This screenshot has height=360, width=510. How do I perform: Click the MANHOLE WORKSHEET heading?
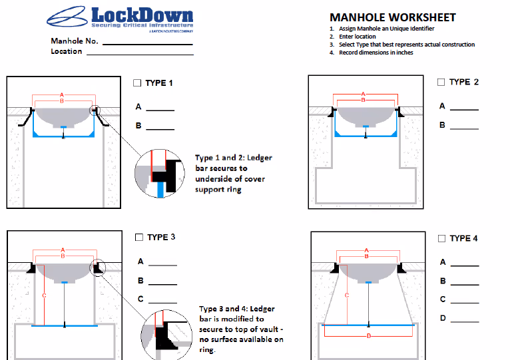(x=392, y=17)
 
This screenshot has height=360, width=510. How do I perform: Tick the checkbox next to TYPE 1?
(x=137, y=83)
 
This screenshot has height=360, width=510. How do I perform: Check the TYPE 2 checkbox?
(x=441, y=82)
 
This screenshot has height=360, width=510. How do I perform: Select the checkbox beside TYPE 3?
(x=139, y=237)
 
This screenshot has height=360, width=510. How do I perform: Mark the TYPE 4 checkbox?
(x=441, y=238)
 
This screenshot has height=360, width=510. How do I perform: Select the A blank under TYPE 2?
(x=464, y=107)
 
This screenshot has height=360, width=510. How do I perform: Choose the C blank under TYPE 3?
(x=162, y=301)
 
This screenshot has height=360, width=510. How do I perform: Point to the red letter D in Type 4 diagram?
(x=368, y=336)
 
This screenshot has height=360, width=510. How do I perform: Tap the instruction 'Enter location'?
(x=358, y=37)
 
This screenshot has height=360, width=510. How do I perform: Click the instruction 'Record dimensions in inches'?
(x=376, y=53)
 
